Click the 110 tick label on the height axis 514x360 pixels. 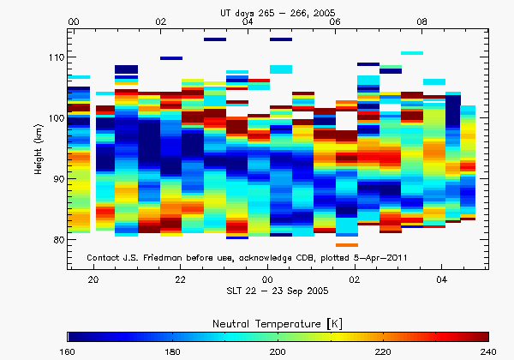[56, 57]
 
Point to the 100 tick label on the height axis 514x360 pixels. [56, 117]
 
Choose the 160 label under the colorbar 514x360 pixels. [69, 351]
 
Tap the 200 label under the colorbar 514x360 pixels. [278, 351]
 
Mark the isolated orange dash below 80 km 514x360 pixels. [347, 245]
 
